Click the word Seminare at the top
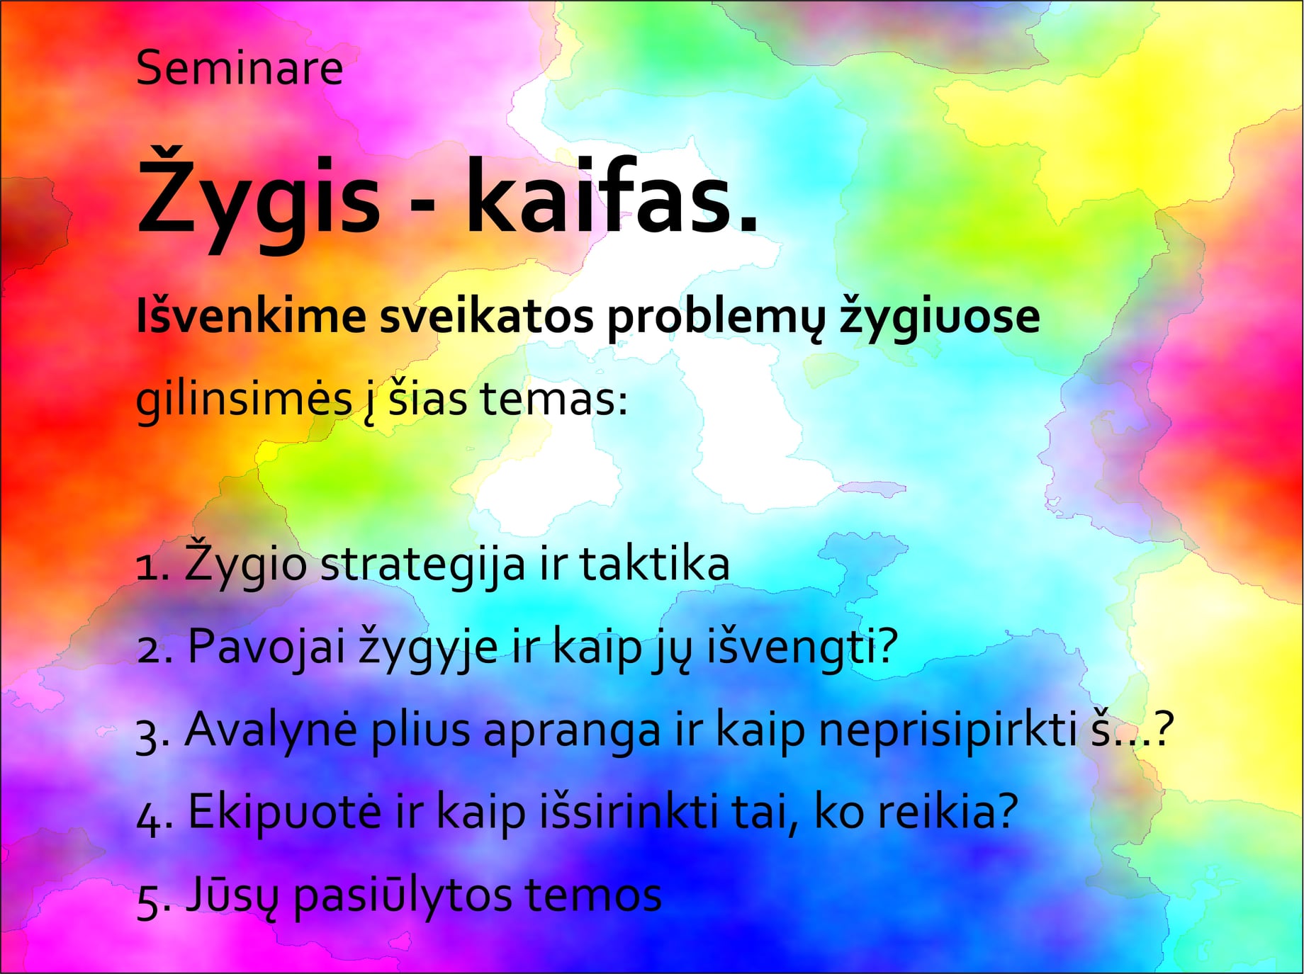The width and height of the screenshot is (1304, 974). (240, 68)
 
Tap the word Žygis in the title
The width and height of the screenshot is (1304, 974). (259, 198)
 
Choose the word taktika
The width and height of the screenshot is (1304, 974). (655, 565)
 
